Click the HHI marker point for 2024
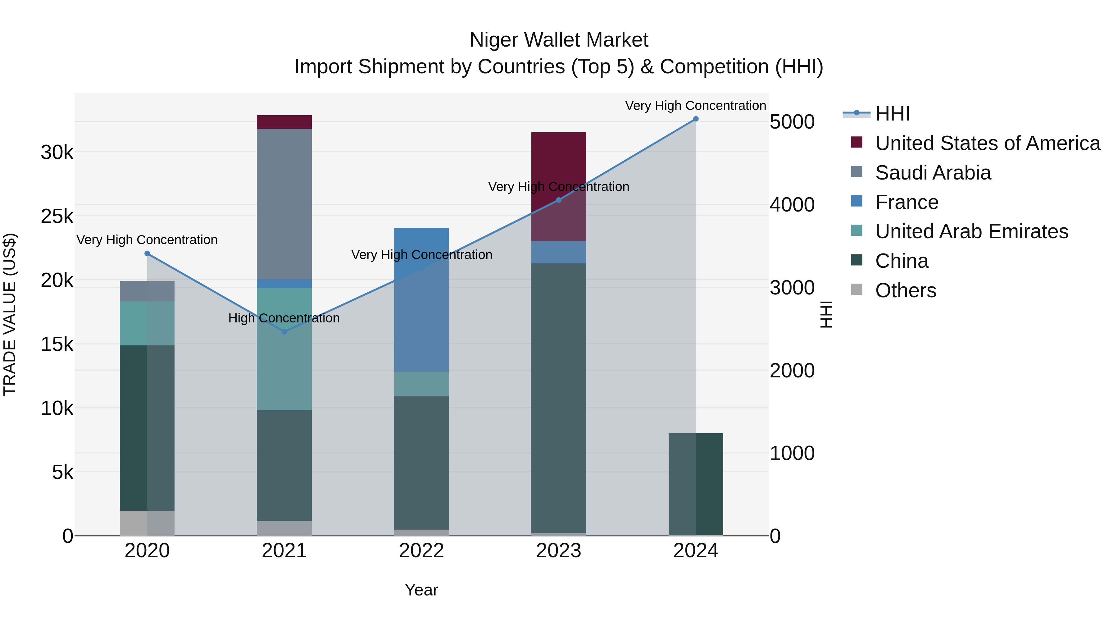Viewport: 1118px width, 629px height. point(696,119)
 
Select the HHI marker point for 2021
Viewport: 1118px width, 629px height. point(284,332)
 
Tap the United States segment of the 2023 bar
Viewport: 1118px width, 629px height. point(559,165)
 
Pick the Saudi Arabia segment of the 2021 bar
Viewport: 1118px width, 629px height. point(284,204)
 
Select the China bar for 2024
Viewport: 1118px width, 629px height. point(696,484)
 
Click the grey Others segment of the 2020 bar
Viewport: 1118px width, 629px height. point(147,523)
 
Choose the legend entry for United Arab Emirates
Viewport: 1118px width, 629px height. point(971,231)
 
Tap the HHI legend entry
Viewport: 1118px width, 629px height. point(892,114)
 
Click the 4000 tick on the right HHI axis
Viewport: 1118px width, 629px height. point(792,205)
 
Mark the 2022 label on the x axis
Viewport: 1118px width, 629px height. point(421,551)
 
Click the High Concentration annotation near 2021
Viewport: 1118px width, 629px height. point(284,318)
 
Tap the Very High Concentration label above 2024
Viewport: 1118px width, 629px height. point(695,106)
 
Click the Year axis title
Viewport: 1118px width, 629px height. point(421,590)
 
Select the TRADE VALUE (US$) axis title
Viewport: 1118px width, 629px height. point(10,314)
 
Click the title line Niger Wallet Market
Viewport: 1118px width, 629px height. point(559,40)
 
